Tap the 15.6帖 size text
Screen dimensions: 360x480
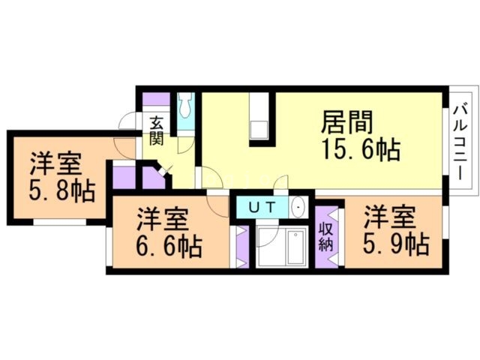[360, 150]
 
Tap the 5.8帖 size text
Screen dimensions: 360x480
[63, 192]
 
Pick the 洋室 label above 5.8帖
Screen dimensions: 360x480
[55, 164]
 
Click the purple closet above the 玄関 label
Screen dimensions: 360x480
[156, 99]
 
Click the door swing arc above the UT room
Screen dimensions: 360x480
[279, 184]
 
